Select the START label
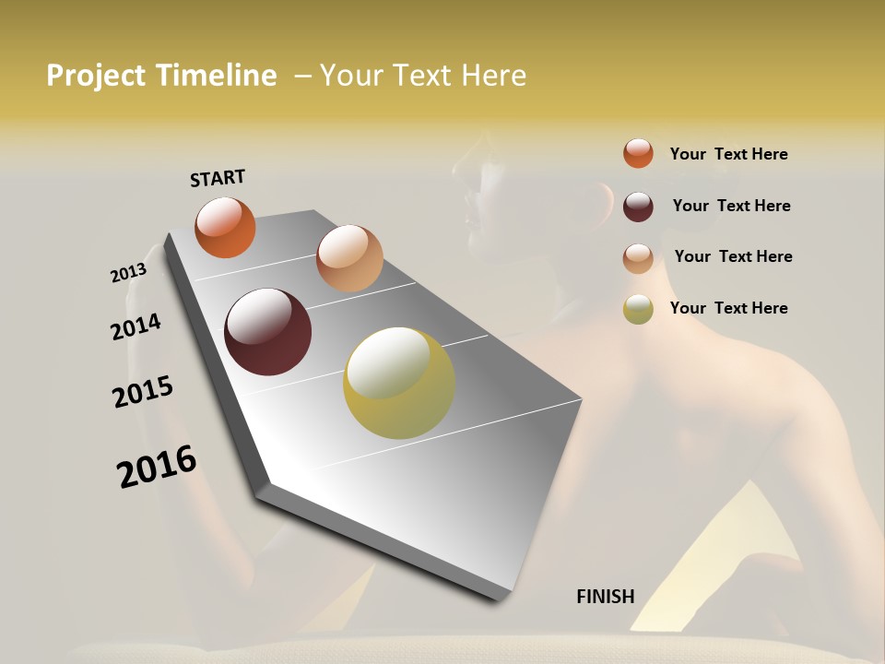click(x=218, y=178)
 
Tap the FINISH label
click(x=605, y=597)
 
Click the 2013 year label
click(x=128, y=272)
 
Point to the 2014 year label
click(x=136, y=326)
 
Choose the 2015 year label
click(x=143, y=392)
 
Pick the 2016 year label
click(x=157, y=466)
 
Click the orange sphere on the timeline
click(x=225, y=227)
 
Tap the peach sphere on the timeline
click(x=349, y=257)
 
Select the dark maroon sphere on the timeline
click(x=267, y=332)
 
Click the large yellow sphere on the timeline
click(x=399, y=383)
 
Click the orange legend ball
click(x=638, y=153)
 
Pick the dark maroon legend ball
click(x=638, y=206)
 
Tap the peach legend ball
click(x=638, y=258)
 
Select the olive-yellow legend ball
click(x=638, y=310)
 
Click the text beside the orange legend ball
click(x=728, y=154)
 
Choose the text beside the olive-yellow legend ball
click(x=728, y=308)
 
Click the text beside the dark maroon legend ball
click(x=731, y=206)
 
